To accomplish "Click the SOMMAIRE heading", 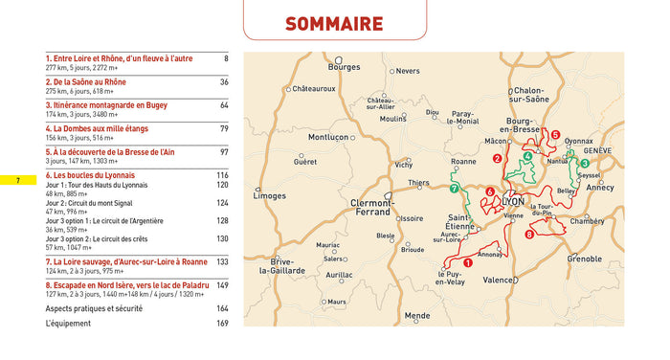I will pos(334,24).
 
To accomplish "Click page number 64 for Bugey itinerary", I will pos(223,105).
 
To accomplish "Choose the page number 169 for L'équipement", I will pos(222,324).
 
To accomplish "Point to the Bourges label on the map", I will pos(344,68).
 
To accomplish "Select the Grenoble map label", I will pos(584,259).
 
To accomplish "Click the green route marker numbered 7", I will pos(454,189).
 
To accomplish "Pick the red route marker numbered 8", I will pos(529,235).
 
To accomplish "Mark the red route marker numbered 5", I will pos(554,135).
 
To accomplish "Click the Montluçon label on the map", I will pos(328,137).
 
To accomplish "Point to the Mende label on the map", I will pos(417,315).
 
